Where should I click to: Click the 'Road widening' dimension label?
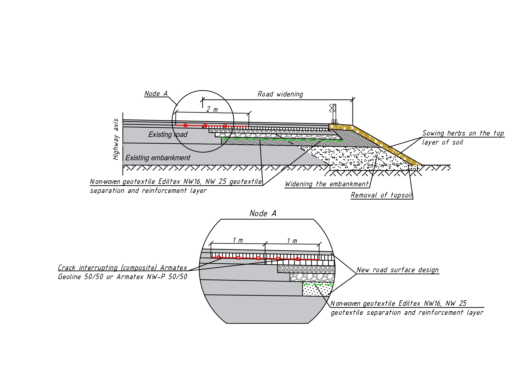click(x=280, y=94)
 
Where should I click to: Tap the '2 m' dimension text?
click(x=212, y=109)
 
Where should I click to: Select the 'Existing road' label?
click(x=168, y=135)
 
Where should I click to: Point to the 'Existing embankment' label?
click(x=158, y=158)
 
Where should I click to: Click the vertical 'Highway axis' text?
click(x=116, y=139)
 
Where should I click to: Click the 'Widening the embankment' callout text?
click(x=326, y=184)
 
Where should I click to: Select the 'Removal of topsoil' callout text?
click(x=381, y=195)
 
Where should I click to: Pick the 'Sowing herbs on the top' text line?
click(x=463, y=133)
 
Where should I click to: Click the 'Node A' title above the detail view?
click(x=263, y=214)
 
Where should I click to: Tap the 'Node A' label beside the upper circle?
click(x=156, y=94)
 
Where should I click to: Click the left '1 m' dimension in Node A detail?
click(x=238, y=240)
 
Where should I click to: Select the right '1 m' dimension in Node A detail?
click(x=292, y=241)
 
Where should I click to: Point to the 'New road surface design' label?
click(x=397, y=270)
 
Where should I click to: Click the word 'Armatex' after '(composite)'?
click(x=173, y=268)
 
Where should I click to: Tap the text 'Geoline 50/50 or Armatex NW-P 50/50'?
click(x=123, y=277)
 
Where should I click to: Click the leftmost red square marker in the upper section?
click(x=185, y=126)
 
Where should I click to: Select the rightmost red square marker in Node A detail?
click(x=298, y=259)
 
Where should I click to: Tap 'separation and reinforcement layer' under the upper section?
click(x=148, y=191)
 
